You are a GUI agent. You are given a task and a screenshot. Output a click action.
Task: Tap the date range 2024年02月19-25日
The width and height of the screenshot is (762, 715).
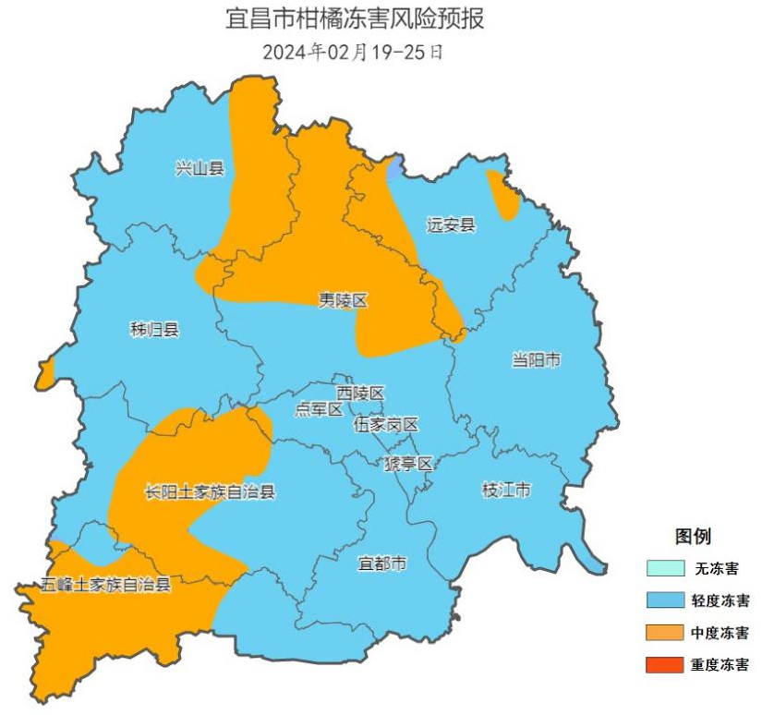[x=353, y=52]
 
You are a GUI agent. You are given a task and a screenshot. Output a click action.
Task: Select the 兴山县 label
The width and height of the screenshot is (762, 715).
[x=200, y=168]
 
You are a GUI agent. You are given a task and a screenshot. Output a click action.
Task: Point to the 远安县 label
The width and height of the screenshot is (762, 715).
[x=451, y=224]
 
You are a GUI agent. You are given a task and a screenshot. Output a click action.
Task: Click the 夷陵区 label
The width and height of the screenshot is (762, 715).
[x=344, y=300]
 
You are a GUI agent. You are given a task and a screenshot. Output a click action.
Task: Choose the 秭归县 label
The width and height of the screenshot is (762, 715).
[x=154, y=329]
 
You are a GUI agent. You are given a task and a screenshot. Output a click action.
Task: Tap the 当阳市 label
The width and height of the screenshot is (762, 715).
[x=536, y=360]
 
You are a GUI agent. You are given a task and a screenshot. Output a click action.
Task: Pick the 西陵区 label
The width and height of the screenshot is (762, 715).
[x=360, y=394]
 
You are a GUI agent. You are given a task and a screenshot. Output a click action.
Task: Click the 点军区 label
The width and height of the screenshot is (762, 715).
[x=319, y=409]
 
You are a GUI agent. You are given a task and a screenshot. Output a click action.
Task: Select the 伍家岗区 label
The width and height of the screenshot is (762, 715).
[x=386, y=425]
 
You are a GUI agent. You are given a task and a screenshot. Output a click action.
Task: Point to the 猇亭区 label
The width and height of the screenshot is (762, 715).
[x=408, y=464]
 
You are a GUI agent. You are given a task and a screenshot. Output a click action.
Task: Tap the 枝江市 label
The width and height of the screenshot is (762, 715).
[x=506, y=490]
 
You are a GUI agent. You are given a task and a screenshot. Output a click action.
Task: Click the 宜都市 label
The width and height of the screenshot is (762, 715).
[x=381, y=563]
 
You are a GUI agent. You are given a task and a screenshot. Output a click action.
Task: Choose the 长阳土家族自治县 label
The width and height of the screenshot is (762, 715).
[x=210, y=492]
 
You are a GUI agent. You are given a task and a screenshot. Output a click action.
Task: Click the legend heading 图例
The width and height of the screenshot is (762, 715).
[x=693, y=537]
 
